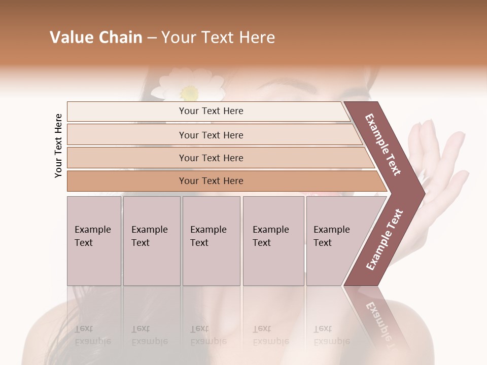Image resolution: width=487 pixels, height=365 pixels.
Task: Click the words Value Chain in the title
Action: pos(96,38)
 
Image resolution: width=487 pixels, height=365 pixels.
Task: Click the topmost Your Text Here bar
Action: pos(211,111)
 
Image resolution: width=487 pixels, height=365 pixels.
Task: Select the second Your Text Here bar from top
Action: pos(211,135)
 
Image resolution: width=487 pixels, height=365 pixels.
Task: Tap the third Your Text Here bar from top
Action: pos(211,158)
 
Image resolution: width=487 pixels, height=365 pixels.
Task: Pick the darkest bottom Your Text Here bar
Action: pos(211,181)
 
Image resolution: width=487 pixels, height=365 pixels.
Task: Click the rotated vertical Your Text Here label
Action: pos(58,145)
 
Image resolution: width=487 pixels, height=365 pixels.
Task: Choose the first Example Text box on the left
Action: pos(94,241)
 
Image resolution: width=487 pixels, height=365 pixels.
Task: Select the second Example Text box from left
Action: pos(151,241)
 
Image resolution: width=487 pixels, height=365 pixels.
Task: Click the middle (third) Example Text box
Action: pos(211,241)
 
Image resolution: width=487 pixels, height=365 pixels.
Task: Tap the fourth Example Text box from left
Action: pos(273,241)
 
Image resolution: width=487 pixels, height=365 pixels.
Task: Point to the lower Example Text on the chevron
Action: pos(385,240)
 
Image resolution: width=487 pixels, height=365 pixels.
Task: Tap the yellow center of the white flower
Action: pos(189,93)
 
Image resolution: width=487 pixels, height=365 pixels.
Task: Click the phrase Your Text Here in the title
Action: pos(218,38)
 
